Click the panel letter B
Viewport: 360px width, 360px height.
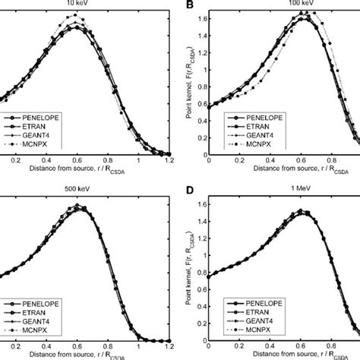coord(185,5)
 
